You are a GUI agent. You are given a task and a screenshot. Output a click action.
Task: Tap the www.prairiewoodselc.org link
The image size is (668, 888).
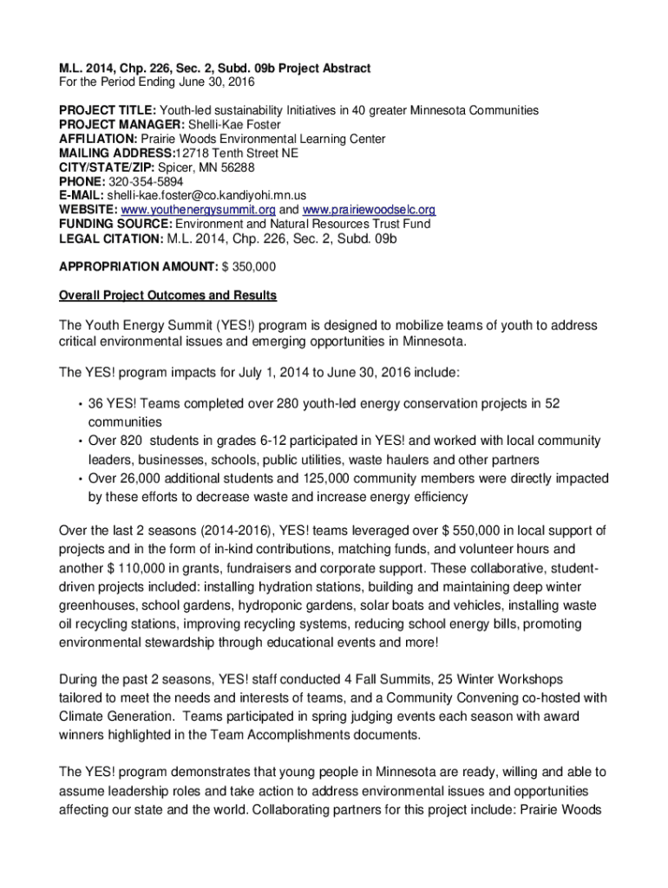click(369, 210)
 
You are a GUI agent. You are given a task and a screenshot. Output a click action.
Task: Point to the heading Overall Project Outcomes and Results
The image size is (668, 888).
click(167, 296)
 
